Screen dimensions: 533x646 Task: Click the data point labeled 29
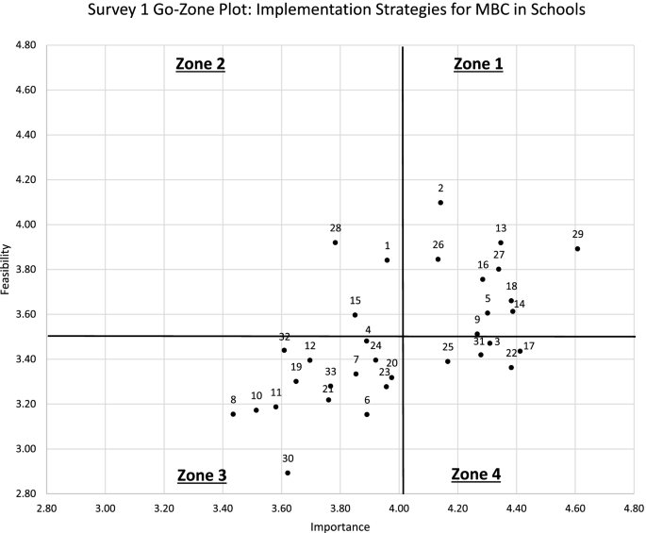577,249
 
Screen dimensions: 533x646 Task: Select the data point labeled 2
440,203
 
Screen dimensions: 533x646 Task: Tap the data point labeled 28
335,242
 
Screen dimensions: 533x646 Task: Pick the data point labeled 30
288,473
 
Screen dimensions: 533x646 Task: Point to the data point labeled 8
233,414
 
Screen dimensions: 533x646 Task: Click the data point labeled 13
501,242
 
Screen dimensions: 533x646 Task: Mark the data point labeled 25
448,361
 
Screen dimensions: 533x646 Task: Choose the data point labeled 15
355,315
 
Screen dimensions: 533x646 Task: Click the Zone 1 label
478,64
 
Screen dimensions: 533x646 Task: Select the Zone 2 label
200,64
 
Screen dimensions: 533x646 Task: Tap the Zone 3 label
200,475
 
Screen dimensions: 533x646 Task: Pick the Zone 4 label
476,474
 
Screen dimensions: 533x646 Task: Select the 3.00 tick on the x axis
105,508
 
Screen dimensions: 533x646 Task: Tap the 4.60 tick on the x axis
575,508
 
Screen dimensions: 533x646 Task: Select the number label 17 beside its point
529,346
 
